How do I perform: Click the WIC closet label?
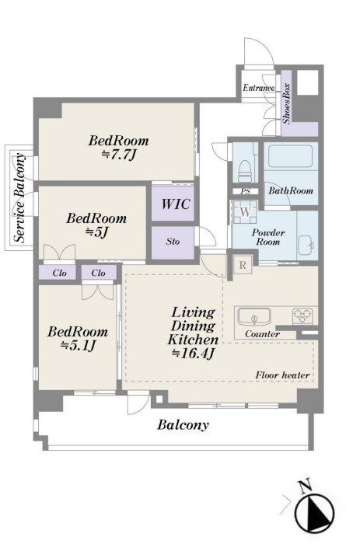pos(175,204)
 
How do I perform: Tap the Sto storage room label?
pos(173,241)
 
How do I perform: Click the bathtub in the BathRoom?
pos(291,156)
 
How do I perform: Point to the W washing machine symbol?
pos(245,212)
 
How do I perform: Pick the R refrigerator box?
pos(243,266)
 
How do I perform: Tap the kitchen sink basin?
pos(254,317)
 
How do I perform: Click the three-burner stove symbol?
pos(302,316)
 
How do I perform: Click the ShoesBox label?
pos(286,103)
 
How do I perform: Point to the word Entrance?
pos(259,88)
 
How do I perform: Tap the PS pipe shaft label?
pos(246,191)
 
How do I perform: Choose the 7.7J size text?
pos(117,155)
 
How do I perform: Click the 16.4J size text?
pos(193,353)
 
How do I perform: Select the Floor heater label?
pos(282,375)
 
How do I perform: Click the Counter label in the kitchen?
pos(262,334)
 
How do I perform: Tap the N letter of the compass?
pos(305,486)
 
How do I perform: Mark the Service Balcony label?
pos(20,197)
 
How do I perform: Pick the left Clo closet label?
pos(59,273)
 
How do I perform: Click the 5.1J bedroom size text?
pos(78,346)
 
